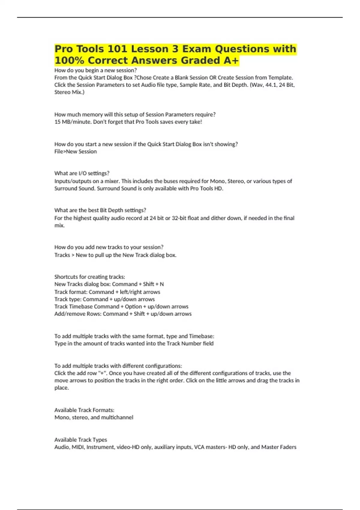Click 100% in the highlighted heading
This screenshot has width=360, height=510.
69,61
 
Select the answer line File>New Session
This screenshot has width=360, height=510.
76,151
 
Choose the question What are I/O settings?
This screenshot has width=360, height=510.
82,173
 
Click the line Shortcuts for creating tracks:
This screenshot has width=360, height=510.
90,277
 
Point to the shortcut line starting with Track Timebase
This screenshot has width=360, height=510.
121,307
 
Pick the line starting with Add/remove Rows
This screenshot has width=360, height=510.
123,314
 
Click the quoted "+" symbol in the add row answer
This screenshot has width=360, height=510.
102,373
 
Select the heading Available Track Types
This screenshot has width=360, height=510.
81,440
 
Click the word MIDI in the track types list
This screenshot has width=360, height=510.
78,447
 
